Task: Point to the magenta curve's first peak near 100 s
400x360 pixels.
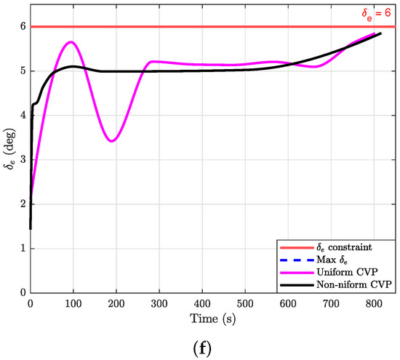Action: [71, 42]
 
